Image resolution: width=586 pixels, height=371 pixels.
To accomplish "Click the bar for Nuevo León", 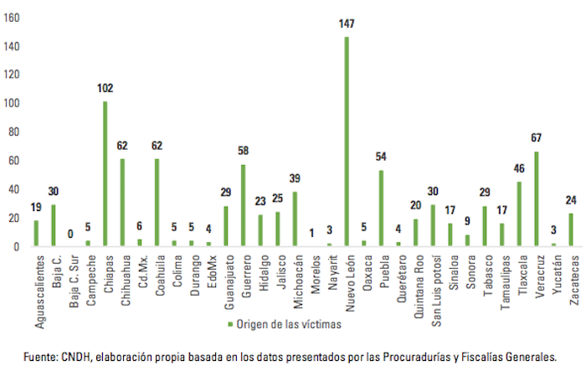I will (346, 142).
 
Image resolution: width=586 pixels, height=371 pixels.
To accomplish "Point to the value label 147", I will (346, 24).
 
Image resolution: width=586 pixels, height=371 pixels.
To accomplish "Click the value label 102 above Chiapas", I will (105, 88).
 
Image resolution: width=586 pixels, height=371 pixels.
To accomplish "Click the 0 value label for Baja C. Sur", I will (70, 234).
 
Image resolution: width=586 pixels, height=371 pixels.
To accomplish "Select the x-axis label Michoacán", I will (295, 280).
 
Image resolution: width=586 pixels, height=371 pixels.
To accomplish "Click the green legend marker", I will (230, 325).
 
